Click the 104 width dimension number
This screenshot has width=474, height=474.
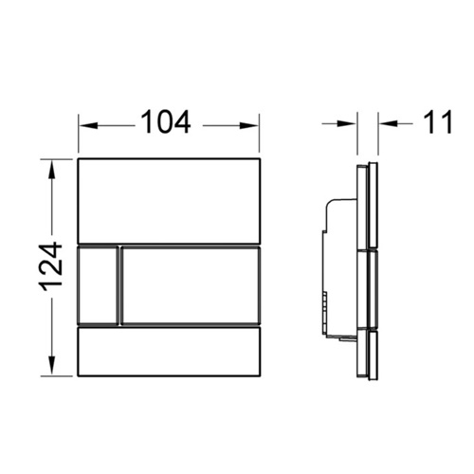pos(166,122)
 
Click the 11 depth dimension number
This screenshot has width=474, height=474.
pos(438,122)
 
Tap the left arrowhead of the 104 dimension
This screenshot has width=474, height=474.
pos(88,126)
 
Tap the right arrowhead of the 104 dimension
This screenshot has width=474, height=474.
pos(249,126)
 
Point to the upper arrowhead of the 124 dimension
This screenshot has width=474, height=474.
pos(51,169)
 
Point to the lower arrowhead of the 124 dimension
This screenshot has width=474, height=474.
pos(51,366)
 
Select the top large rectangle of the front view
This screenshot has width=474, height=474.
pos(170,201)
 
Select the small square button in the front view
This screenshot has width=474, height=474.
pos(99,284)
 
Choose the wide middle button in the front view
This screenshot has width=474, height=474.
pos(191,285)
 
